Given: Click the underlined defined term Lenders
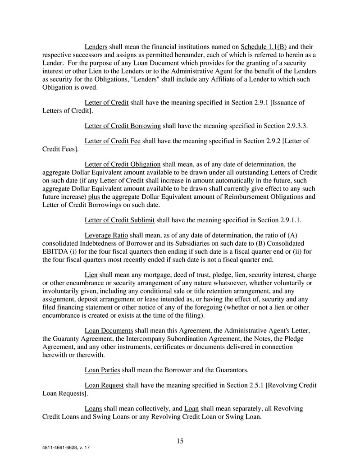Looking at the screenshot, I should tap(96, 47).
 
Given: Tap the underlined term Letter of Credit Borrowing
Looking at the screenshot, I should tap(122, 125).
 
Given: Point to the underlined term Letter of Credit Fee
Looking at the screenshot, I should tap(113, 141).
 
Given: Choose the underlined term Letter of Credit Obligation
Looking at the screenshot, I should tap(123, 164).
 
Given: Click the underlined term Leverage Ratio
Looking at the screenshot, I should tap(106, 236).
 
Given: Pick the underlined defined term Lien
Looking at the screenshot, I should tap(91, 275).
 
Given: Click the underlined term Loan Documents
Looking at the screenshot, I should tap(109, 331).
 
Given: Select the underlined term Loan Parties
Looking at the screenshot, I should tap(102, 370).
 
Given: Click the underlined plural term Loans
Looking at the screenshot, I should tap(93, 409).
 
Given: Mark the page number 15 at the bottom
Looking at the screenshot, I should tap(180, 441).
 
